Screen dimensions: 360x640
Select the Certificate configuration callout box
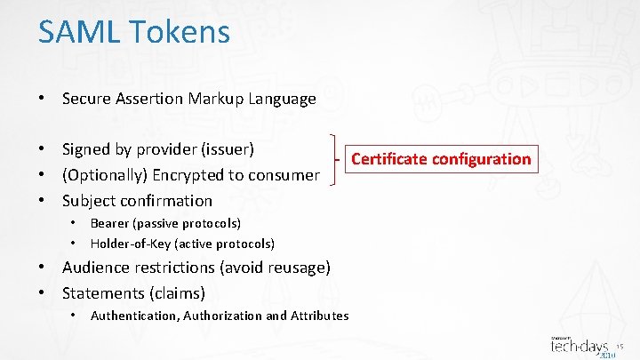pos(441,159)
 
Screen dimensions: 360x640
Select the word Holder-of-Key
pos(130,244)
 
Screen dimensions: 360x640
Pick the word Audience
pos(95,268)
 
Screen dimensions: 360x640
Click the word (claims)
pos(177,293)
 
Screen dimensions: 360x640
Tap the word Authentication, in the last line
pos(134,316)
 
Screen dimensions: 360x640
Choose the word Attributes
pos(319,316)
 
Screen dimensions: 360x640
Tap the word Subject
pos(90,201)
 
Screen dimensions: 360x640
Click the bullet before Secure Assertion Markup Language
pos(42,99)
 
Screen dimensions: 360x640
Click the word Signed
pos(86,149)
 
